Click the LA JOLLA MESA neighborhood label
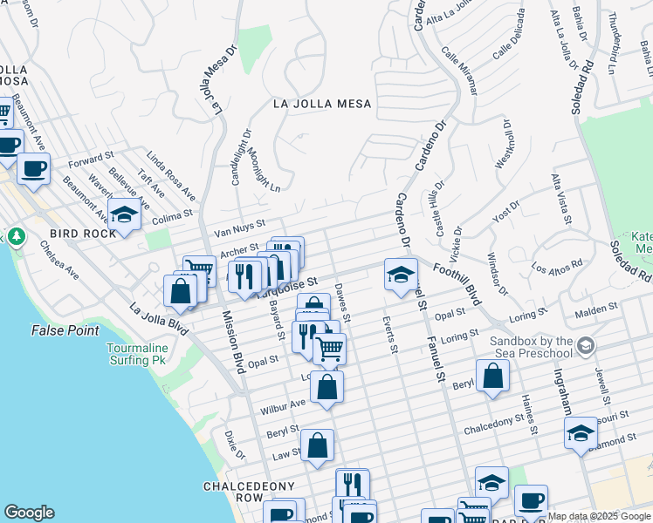click(322, 104)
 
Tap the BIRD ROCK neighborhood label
click(84, 234)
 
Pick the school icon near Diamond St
click(581, 432)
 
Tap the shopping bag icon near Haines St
click(493, 376)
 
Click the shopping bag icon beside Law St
click(319, 445)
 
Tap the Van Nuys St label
click(239, 229)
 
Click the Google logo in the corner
click(29, 513)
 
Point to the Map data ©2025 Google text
click(599, 516)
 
